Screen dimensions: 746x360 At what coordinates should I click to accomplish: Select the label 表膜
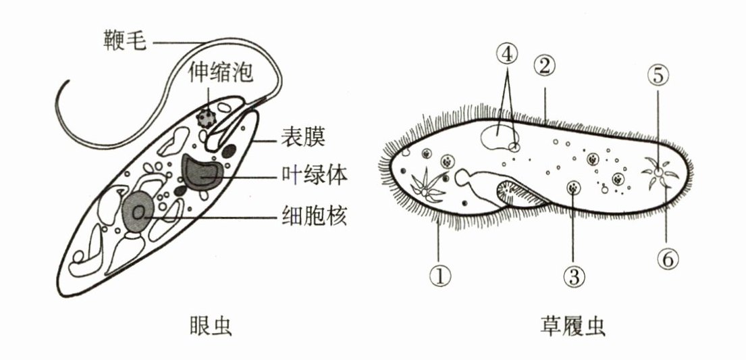coord(303,138)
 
